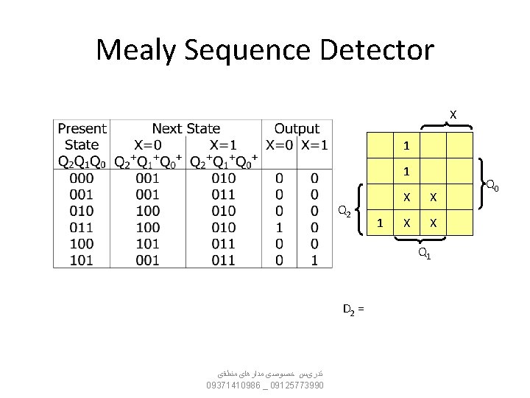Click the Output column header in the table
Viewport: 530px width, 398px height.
[297, 129]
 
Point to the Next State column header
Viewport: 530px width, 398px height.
[185, 129]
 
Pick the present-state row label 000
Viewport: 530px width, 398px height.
[81, 178]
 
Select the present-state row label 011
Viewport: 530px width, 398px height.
[81, 227]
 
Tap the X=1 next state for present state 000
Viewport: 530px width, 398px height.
[223, 178]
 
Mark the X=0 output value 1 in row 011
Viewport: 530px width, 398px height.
[279, 227]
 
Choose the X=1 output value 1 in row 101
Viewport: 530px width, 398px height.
[314, 259]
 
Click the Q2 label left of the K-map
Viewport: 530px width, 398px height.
[343, 212]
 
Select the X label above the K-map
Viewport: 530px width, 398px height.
[453, 114]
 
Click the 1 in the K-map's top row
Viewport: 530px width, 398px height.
[406, 145]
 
